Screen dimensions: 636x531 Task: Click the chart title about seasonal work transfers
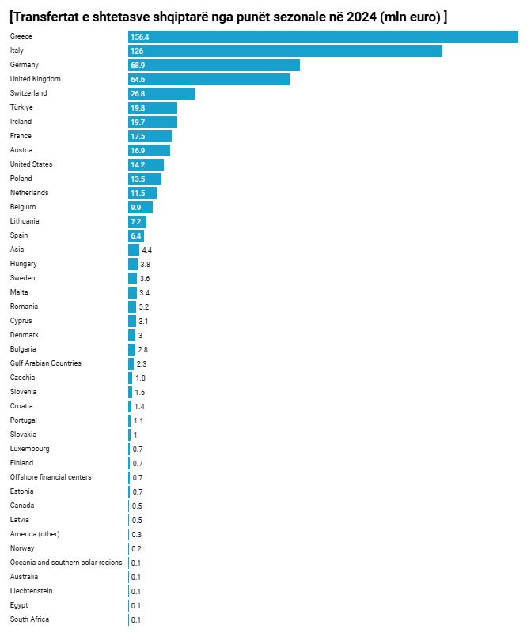coord(228,17)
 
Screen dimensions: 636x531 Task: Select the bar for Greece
coord(323,37)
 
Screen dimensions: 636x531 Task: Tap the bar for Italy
coord(285,51)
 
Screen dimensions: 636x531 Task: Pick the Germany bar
coord(214,65)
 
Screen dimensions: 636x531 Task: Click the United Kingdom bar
coord(209,79)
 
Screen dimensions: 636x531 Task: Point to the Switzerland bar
coord(161,93)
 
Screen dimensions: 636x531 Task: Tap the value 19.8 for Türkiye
coord(138,107)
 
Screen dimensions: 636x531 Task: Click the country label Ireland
coord(21,122)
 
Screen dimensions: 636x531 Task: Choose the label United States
coord(31,164)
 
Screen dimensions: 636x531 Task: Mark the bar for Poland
coord(145,179)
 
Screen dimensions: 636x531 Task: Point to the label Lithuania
coord(25,221)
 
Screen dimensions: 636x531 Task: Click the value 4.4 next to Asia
coord(146,250)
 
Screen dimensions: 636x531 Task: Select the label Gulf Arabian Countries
coord(45,363)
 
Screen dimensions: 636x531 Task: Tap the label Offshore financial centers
coord(51,477)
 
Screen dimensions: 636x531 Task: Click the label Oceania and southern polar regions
coord(66,563)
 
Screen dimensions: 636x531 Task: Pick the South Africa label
coord(29,619)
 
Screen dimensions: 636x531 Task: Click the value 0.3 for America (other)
coord(137,534)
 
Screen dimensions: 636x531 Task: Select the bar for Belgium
coord(140,207)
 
